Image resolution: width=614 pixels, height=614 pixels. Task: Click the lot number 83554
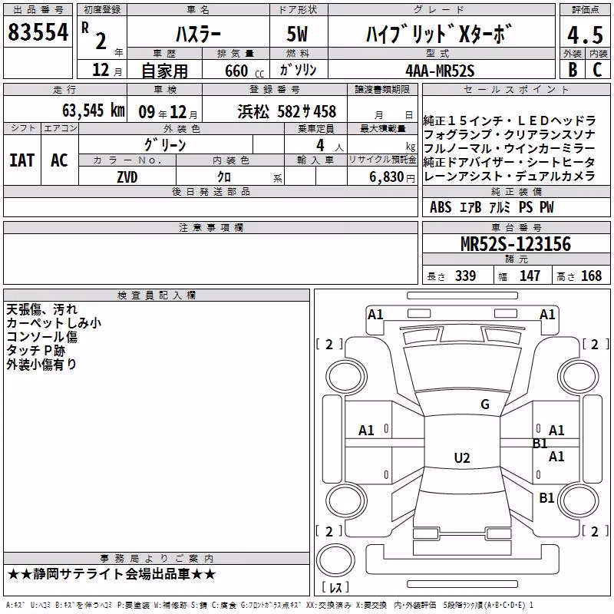38,32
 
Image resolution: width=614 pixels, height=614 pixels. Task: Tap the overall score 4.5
585,35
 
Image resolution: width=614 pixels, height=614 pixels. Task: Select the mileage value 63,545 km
94,111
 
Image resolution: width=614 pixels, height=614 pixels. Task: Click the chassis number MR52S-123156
516,244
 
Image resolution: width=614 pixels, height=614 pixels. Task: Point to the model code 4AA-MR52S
440,71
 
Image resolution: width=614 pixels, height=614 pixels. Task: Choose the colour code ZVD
127,177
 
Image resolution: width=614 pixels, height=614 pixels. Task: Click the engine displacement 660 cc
244,71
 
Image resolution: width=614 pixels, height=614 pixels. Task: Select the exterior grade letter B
573,70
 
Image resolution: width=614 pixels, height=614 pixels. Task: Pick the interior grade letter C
597,70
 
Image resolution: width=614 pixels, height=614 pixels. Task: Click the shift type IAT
22,160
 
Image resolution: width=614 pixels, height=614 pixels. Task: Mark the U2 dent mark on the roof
462,457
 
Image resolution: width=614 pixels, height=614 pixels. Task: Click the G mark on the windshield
485,404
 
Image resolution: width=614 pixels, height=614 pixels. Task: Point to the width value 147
530,276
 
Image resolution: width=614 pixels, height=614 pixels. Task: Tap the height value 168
591,276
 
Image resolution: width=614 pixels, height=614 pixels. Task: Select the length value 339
466,276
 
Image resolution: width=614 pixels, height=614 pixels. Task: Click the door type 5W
297,34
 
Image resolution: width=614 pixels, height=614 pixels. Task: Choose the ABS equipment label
441,207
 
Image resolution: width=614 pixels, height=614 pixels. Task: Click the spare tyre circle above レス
335,560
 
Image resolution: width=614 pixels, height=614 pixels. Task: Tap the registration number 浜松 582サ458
286,112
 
